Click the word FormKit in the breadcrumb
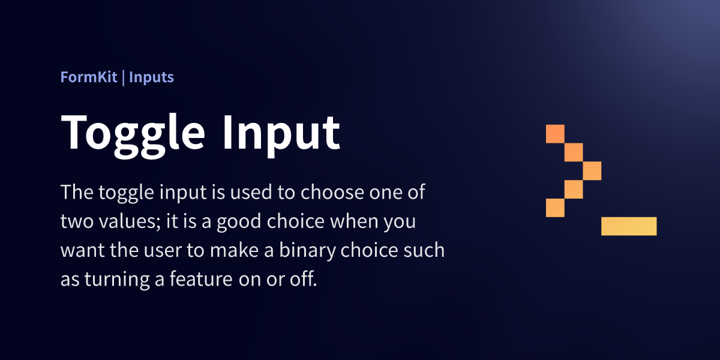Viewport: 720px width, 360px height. [89, 77]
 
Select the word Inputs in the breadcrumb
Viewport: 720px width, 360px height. [151, 78]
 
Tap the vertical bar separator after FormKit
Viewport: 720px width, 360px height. [124, 79]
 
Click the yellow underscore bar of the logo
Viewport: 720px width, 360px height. [629, 226]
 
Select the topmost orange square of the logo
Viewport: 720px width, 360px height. [555, 134]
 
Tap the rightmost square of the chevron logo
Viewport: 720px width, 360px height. [592, 170]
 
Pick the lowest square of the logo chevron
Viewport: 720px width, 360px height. [555, 208]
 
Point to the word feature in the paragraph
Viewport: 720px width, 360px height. [201, 278]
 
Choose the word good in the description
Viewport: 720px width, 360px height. [239, 223]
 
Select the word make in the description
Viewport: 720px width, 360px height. [235, 250]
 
